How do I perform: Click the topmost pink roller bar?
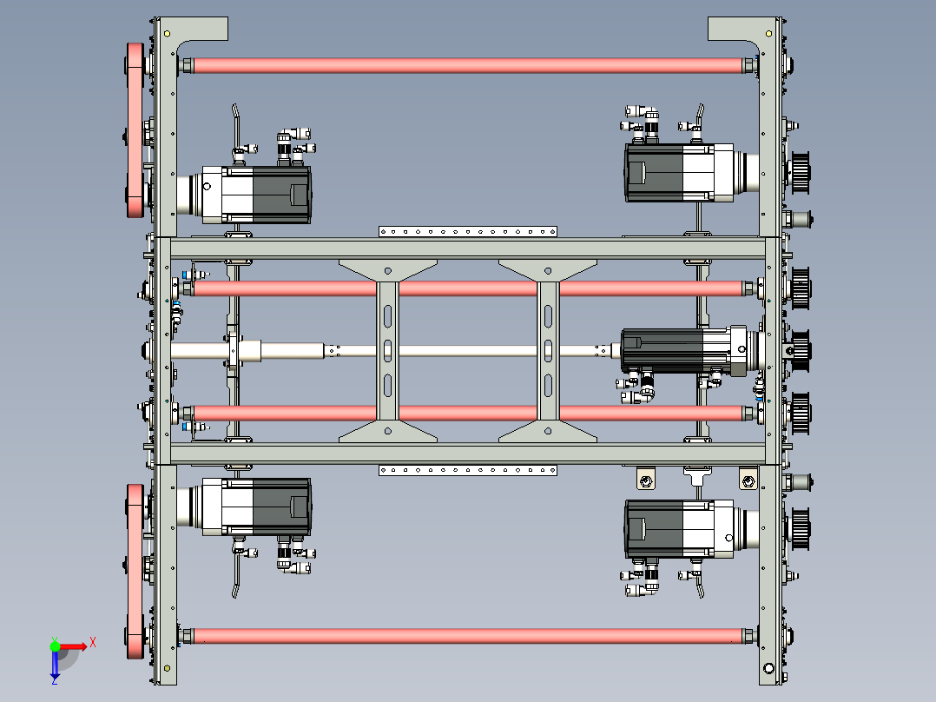[x=469, y=65]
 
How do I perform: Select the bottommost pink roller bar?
[x=469, y=636]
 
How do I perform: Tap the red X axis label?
[x=93, y=643]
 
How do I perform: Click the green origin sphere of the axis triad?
[x=55, y=646]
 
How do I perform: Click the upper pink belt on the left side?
[x=135, y=129]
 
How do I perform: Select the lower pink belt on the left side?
[x=135, y=571]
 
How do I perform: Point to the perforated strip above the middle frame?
[x=468, y=231]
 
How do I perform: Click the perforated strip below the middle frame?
[x=468, y=470]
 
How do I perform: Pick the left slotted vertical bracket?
[x=387, y=351]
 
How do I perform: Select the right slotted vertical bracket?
[x=548, y=351]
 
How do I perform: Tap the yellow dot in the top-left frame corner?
[x=167, y=34]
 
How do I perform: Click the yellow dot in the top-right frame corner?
[x=769, y=34]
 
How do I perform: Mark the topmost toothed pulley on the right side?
[x=800, y=173]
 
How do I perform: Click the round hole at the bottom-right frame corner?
[x=769, y=668]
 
